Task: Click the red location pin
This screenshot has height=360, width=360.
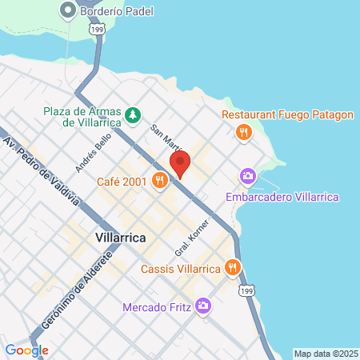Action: pos(180,165)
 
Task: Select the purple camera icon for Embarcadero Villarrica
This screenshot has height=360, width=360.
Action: pos(248,175)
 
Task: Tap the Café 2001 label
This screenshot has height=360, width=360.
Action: pos(121,182)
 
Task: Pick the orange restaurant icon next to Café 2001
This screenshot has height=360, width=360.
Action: pos(161,182)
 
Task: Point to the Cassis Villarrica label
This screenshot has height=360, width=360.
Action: pos(181,269)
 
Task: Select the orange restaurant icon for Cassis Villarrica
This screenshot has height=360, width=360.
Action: pos(233,268)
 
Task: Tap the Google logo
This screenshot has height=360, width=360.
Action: pos(26,350)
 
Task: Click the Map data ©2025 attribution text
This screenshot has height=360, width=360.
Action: pos(325,354)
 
